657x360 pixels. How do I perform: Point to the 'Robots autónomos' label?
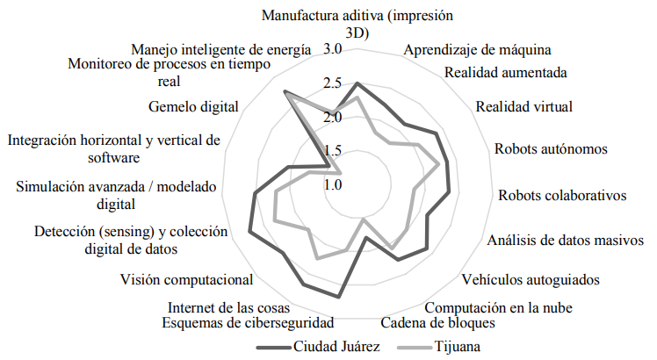[550, 148]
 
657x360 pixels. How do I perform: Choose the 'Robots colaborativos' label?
[561, 194]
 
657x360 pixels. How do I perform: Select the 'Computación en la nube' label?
[498, 307]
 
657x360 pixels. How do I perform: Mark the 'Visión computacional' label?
[187, 280]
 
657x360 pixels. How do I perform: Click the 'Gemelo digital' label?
[194, 107]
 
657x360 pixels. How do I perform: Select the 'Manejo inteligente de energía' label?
[220, 50]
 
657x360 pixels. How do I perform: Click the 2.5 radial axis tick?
[332, 83]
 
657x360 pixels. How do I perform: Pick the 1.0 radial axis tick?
[332, 185]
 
